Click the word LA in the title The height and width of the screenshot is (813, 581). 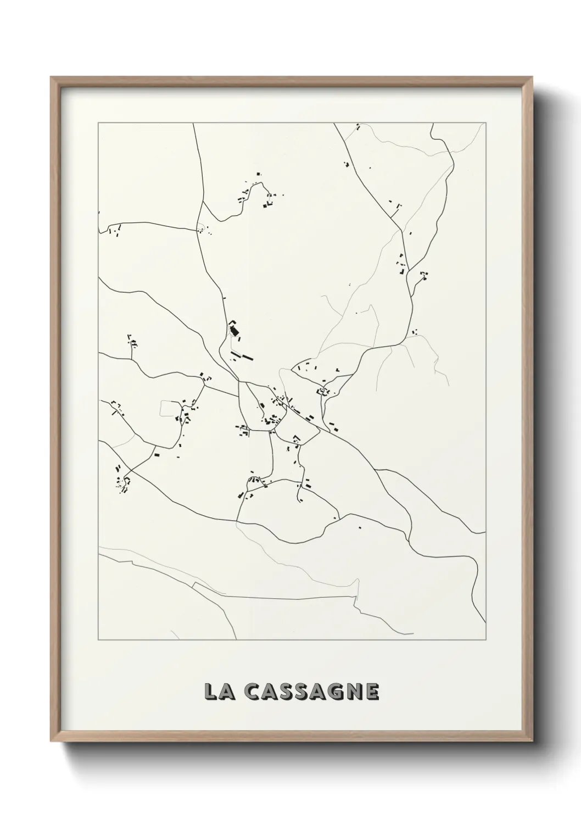point(218,692)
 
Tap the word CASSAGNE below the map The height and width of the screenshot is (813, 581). point(311,692)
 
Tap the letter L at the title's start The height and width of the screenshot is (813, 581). point(211,692)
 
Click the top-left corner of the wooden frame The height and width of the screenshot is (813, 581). point(52,78)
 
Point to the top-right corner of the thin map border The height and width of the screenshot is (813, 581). point(486,123)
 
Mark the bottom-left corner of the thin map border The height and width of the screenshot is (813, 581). point(98,639)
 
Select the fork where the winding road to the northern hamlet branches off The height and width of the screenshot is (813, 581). point(203,201)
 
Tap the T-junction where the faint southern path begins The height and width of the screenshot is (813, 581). point(237,521)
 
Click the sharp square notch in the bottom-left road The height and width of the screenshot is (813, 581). point(132,561)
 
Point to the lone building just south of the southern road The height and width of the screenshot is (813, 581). point(360,528)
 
